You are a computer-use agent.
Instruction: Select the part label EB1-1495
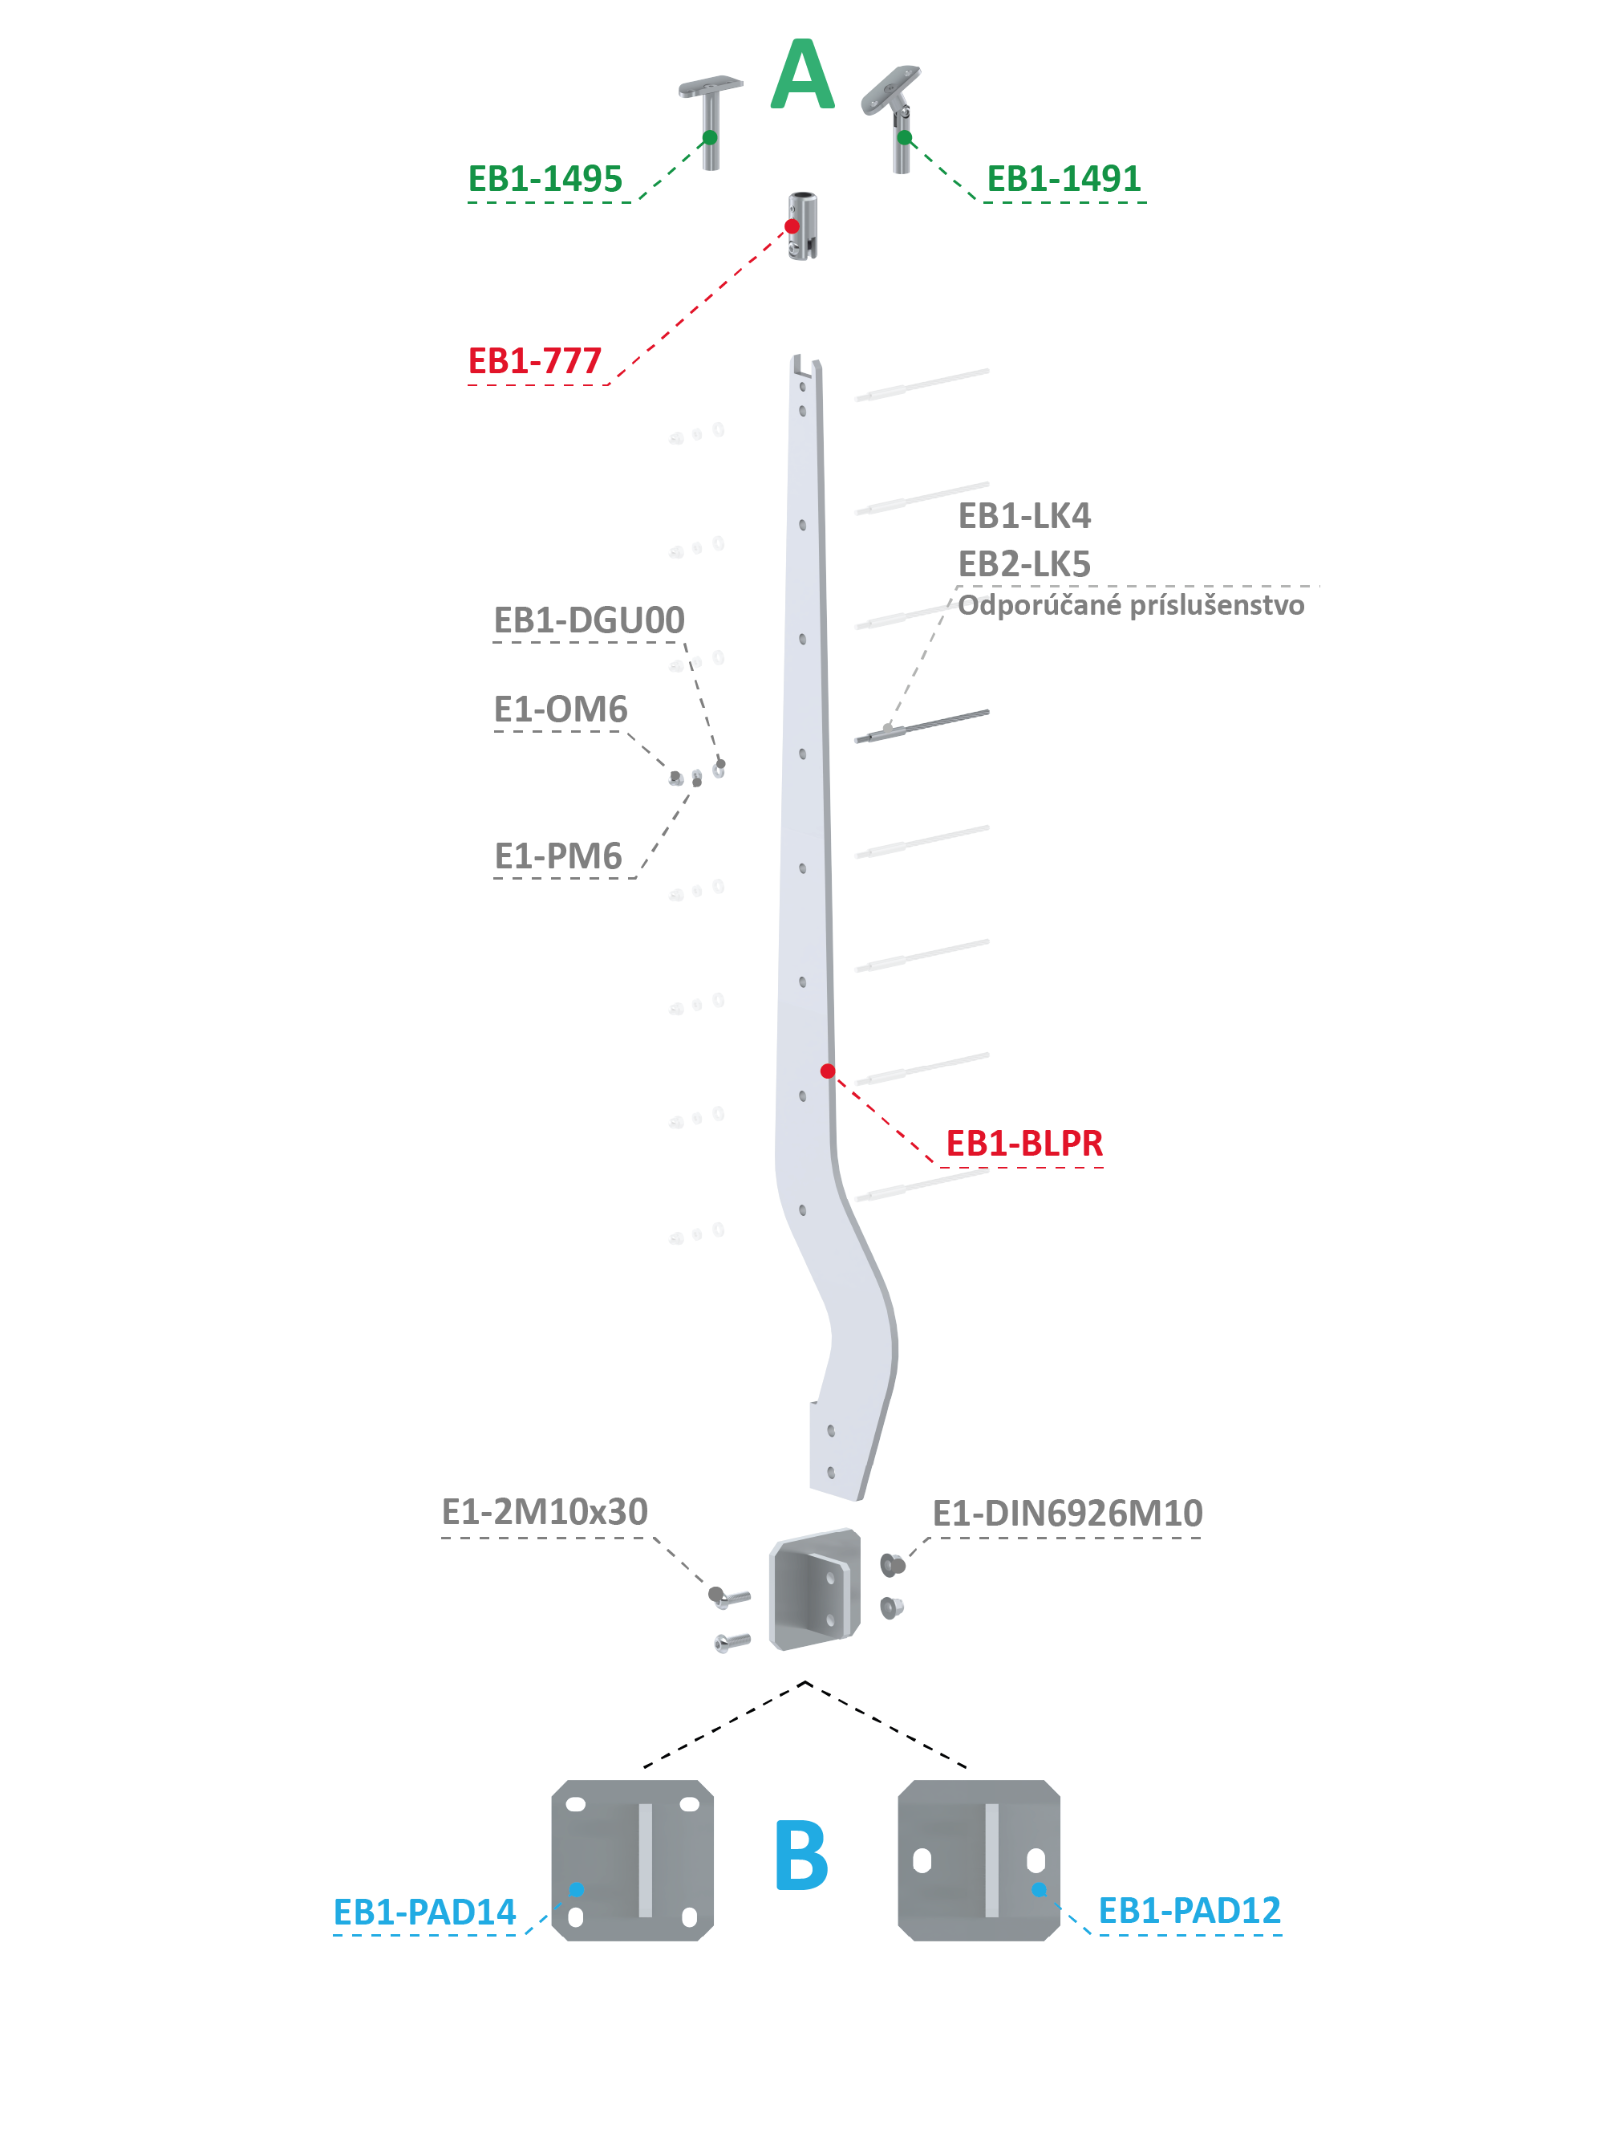pos(545,179)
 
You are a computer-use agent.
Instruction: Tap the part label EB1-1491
pos(1063,179)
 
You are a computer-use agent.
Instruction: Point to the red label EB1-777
pos(534,360)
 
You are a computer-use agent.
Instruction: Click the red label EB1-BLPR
pos(1024,1143)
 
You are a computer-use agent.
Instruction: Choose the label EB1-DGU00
pos(589,620)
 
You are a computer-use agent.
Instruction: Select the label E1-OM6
pos(561,709)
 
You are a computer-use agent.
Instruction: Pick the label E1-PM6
pos(557,856)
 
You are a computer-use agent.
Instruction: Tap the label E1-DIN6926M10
pos(1067,1513)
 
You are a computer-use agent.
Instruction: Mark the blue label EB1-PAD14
pos(424,1912)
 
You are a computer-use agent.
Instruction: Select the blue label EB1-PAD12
pos(1190,1910)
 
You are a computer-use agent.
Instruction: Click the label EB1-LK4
pos(1024,515)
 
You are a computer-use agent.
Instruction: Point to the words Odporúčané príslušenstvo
pos(1130,605)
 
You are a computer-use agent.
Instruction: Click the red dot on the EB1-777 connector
pos(792,226)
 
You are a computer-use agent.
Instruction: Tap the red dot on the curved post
pos(827,1071)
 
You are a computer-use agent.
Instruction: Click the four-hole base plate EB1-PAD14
pos(632,1860)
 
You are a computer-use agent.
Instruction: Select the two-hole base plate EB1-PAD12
pos(978,1860)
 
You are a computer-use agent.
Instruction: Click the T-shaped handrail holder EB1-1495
pos(710,121)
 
